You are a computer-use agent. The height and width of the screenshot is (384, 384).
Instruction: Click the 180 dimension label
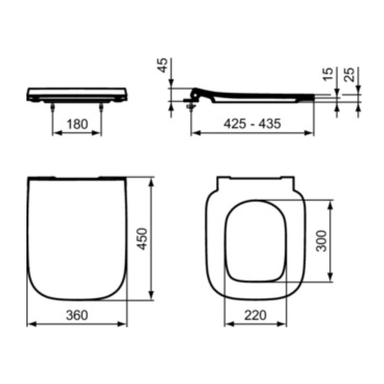pos(77,124)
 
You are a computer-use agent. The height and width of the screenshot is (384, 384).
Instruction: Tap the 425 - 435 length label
pos(252,124)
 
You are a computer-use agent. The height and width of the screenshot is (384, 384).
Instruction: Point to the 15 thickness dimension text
pos(328,74)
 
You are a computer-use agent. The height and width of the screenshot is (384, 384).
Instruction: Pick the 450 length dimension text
pos(142,239)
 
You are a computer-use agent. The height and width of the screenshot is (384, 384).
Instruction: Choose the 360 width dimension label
pos(77,315)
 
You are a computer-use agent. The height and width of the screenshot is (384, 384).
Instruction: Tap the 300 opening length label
pos(321,241)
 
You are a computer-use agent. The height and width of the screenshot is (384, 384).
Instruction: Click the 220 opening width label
pos(255,315)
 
